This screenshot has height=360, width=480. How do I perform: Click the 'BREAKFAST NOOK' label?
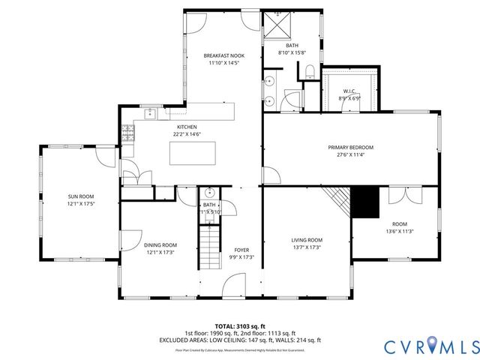[x=223, y=56]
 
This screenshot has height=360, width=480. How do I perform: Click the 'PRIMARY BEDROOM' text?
[x=350, y=147]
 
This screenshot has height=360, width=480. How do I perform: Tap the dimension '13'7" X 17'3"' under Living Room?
[x=306, y=247]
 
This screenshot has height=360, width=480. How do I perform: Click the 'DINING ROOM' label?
[x=160, y=244]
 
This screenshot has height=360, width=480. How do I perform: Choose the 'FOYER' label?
[x=241, y=250]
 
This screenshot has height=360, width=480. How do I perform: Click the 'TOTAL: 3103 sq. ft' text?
[x=240, y=325]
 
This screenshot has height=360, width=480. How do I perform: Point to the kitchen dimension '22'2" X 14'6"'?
[x=187, y=134]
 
